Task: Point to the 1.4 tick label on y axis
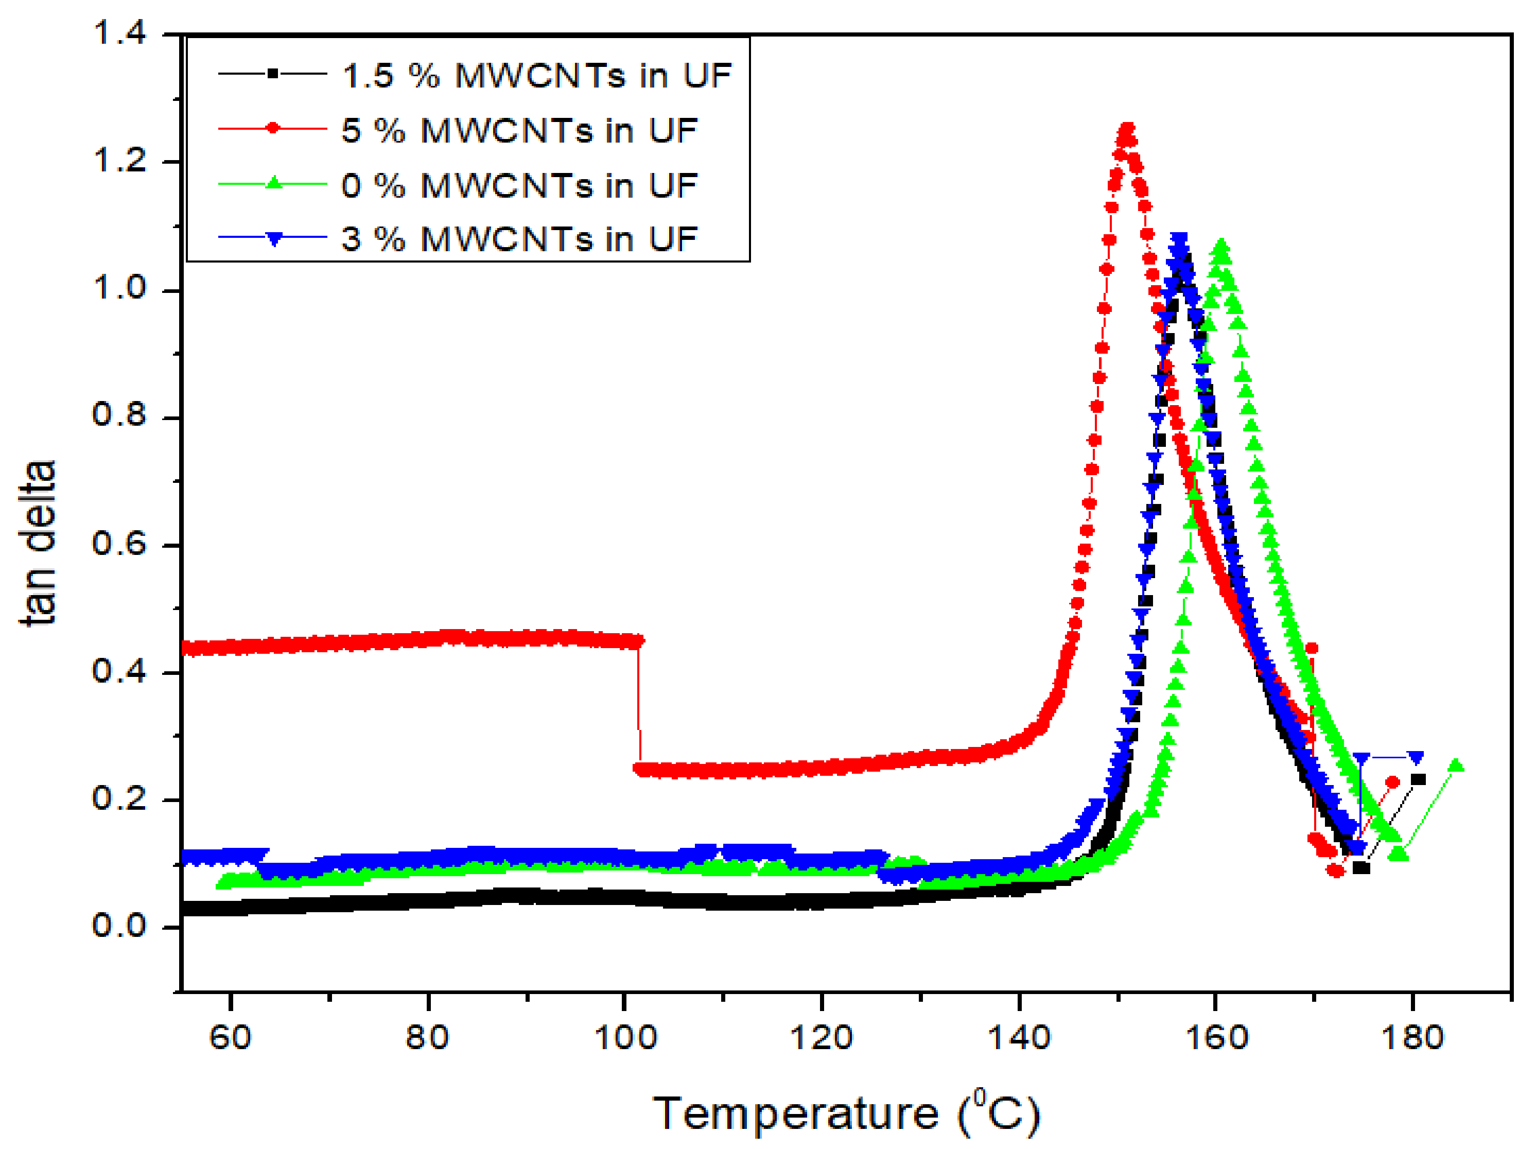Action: (x=119, y=33)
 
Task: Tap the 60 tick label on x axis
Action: (x=230, y=1038)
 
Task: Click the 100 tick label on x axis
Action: (x=625, y=1038)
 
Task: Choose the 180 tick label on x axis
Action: (x=1412, y=1038)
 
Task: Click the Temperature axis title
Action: (x=846, y=1113)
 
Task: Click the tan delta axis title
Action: (x=38, y=543)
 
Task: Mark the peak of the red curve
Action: (x=1127, y=129)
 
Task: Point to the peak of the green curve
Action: (x=1221, y=247)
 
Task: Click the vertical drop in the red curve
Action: (x=638, y=701)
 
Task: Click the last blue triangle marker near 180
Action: (x=1415, y=757)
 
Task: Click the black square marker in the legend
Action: (x=273, y=73)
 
